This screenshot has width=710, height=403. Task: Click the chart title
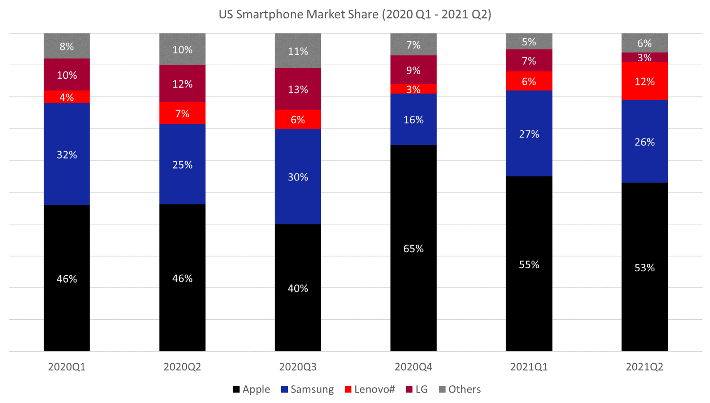coord(355,14)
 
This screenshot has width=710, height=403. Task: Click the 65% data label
coord(413,249)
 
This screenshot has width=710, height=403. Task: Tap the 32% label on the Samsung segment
coord(67,155)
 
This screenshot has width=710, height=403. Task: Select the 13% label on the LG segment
coord(298,89)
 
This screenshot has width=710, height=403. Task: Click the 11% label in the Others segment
coord(298,52)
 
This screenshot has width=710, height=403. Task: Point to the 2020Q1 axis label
coord(67,367)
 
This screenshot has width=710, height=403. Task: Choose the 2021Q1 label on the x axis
coord(529,367)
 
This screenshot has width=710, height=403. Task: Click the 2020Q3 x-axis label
coord(298,367)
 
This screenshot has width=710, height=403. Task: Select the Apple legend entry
coord(252,389)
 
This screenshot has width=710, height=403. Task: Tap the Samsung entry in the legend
coord(307,389)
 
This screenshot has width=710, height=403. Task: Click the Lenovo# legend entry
coord(370,389)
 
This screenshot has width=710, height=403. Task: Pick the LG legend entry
coord(417,389)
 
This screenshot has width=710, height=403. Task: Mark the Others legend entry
coord(460,389)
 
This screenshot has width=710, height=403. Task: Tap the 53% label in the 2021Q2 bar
coord(644,268)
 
